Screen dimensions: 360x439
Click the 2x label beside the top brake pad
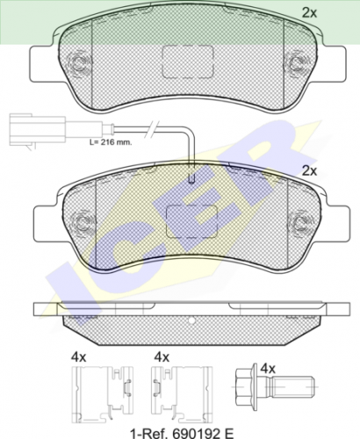309,12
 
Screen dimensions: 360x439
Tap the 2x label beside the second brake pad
309,171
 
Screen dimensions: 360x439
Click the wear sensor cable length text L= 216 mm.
111,143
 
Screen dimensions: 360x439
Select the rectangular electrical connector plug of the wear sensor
38,129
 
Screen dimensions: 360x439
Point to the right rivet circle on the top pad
296,62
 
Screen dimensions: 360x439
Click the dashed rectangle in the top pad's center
188,61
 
